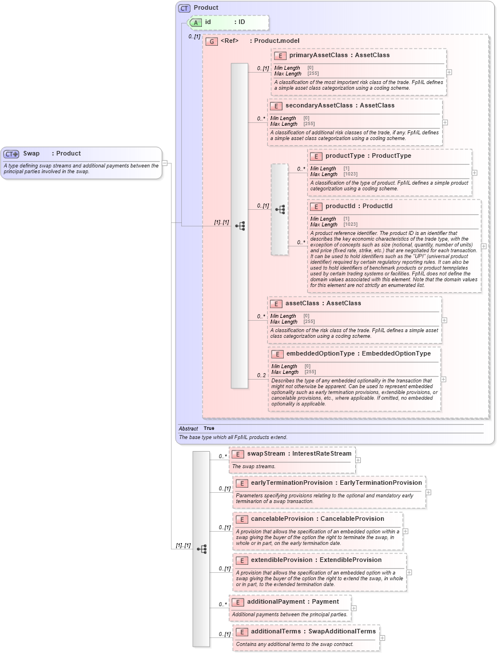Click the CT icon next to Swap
(11, 154)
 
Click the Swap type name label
(31, 154)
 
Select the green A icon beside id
(196, 22)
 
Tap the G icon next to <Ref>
(212, 41)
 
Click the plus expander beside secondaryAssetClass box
(445, 122)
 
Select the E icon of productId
(316, 206)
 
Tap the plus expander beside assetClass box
(444, 320)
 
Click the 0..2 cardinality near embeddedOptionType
(261, 375)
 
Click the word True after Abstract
(209, 428)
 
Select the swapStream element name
(267, 453)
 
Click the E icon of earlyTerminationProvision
(241, 483)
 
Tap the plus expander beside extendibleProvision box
(409, 572)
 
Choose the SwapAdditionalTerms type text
(342, 632)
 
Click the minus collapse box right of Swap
(165, 162)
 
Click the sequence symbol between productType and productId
(280, 209)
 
